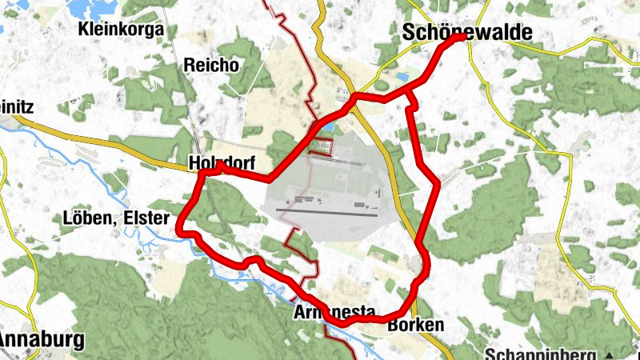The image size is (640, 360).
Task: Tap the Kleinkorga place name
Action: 122,30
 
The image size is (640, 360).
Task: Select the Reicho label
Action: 211,66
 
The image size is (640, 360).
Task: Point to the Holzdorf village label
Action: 221,163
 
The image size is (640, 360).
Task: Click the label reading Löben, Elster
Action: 116,218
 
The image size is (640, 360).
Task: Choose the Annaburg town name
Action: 42,339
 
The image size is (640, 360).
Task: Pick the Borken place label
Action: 415,325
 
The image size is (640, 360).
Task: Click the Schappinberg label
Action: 542,354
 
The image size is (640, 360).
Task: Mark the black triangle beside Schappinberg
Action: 610,354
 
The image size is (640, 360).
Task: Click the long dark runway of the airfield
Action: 326,211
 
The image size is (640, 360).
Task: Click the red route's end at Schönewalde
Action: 461,37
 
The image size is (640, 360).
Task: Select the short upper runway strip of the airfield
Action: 336,160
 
